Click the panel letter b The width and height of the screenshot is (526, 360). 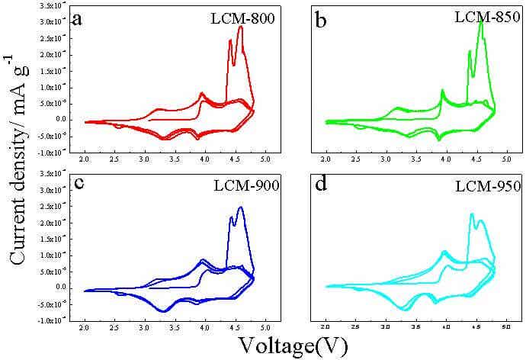pyautogui.click(x=322, y=21)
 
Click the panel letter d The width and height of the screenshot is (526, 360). pyautogui.click(x=322, y=185)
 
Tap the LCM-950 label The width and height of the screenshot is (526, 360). pyautogui.click(x=481, y=186)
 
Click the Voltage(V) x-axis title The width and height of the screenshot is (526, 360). pyautogui.click(x=293, y=345)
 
